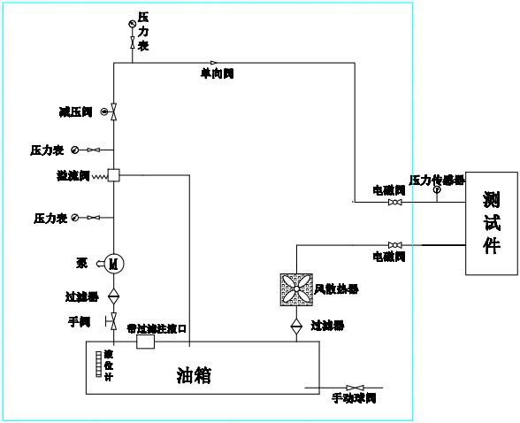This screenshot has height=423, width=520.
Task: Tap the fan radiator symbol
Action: coord(296,289)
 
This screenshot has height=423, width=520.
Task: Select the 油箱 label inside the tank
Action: coord(195,376)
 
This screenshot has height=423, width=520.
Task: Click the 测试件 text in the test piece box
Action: coord(492,221)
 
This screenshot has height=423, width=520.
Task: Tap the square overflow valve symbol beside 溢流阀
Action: coord(113,175)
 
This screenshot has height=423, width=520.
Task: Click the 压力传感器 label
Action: coord(436,180)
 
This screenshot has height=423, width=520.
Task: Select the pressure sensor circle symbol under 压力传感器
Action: coord(436,190)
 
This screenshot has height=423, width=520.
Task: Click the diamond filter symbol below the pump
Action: coord(113,295)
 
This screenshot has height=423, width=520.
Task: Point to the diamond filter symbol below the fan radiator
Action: coord(296,325)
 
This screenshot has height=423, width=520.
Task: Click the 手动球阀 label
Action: coord(354,398)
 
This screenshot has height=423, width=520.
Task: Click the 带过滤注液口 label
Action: coord(157,328)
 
